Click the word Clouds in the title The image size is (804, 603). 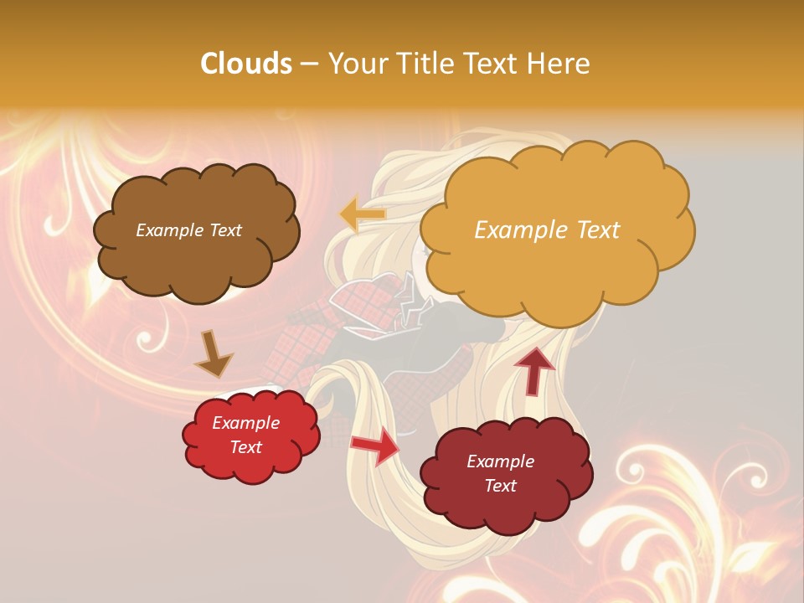click(x=247, y=64)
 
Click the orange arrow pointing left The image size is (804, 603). click(x=363, y=214)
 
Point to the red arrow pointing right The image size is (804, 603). click(x=374, y=446)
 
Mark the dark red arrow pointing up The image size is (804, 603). click(x=533, y=369)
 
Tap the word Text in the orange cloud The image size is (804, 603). click(x=592, y=230)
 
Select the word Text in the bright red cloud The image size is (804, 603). click(x=246, y=447)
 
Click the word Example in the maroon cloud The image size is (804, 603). click(x=500, y=461)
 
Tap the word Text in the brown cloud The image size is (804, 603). click(x=225, y=230)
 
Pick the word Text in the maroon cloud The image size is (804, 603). click(x=500, y=486)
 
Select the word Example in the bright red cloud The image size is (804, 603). click(x=246, y=423)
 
